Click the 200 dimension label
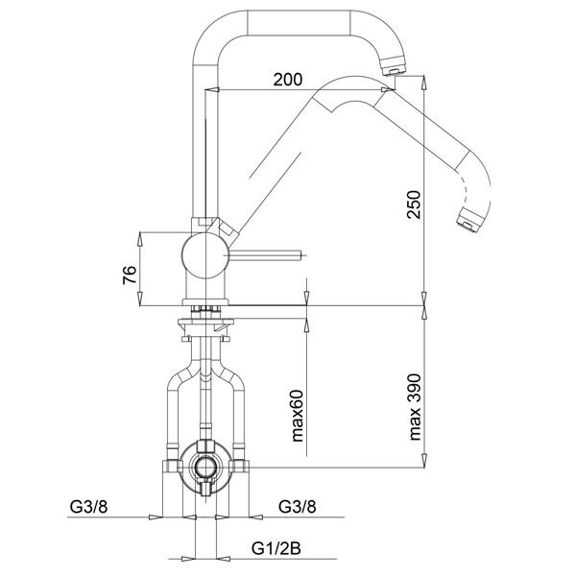tap(288, 80)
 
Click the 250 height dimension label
tap(414, 204)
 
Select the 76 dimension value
tap(130, 275)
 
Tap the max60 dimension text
tap(298, 416)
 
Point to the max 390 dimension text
tap(414, 407)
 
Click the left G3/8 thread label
tap(89, 507)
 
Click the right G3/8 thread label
tap(298, 507)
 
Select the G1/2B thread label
tap(276, 549)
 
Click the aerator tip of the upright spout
tap(393, 68)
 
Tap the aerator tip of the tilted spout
tap(468, 221)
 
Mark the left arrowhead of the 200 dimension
tap(213, 89)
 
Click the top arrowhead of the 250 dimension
tap(424, 83)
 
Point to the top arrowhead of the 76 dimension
tap(139, 239)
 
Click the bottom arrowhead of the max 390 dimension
tap(424, 461)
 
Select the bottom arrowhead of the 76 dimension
tap(139, 298)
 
